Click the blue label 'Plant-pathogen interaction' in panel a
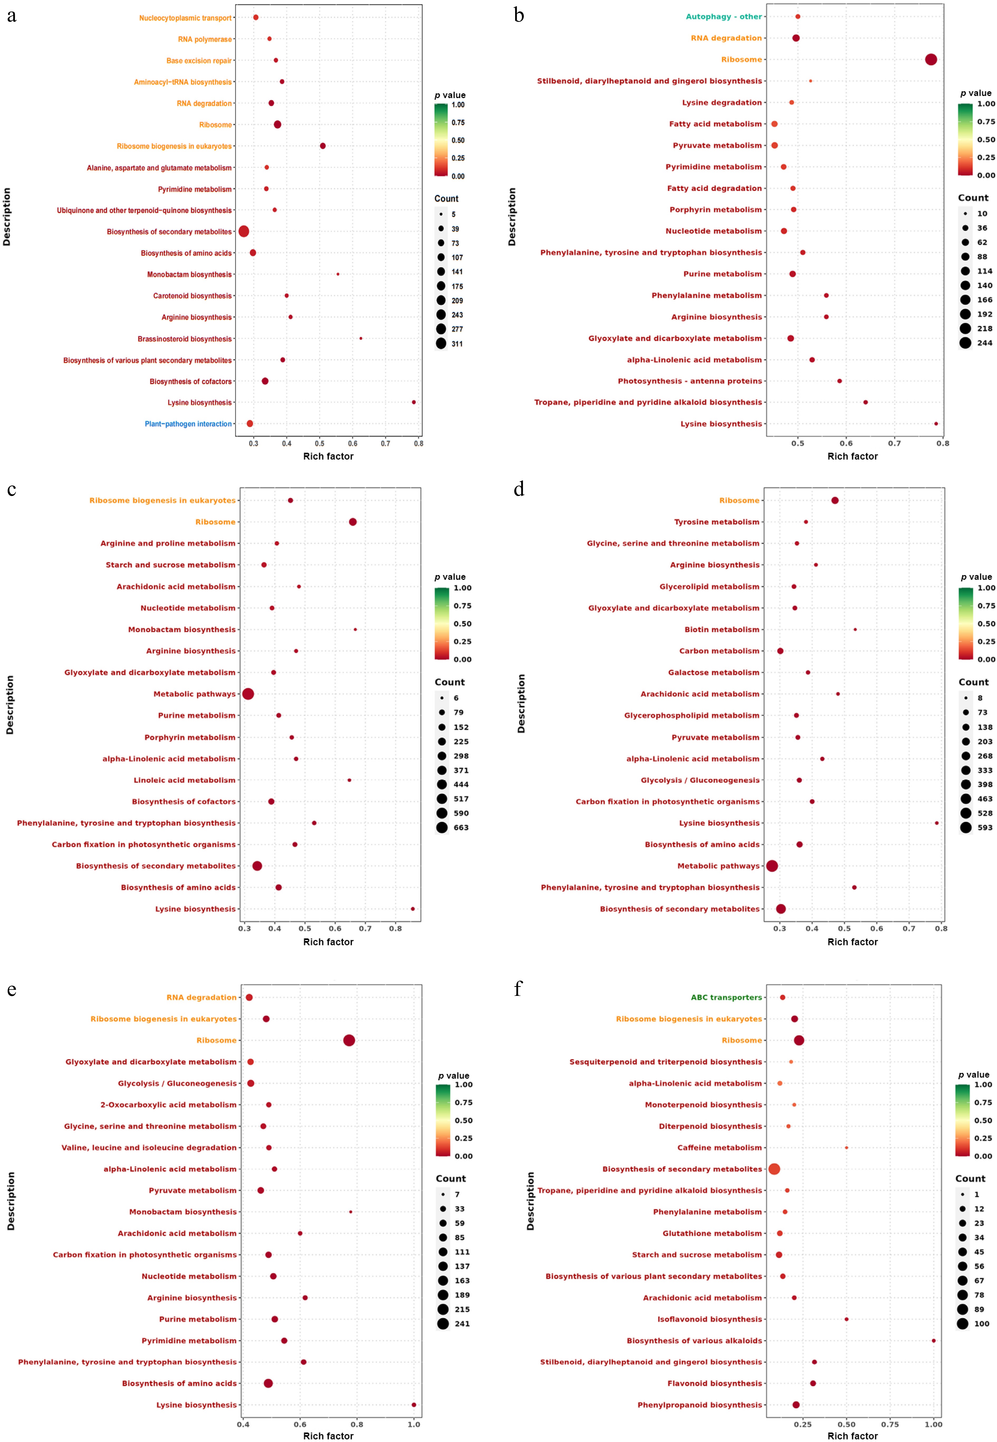(x=188, y=424)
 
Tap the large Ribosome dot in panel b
(x=931, y=59)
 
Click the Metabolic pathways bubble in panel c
(x=248, y=694)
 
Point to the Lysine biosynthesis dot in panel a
(x=414, y=402)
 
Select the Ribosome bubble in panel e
(x=349, y=1040)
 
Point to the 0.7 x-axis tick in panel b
(x=895, y=443)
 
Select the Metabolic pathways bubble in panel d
(x=772, y=866)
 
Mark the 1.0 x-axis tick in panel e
(x=414, y=1425)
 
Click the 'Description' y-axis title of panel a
(x=7, y=217)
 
